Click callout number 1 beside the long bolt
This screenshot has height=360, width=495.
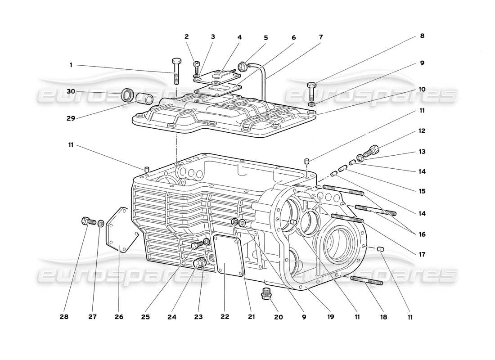tap(71, 65)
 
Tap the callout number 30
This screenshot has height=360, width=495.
tap(71, 92)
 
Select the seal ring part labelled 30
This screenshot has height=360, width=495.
tap(128, 95)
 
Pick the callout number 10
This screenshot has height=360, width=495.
tap(422, 90)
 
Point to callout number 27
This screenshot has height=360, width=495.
tap(93, 317)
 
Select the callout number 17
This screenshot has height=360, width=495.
tap(422, 254)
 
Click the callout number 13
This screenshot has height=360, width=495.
tap(422, 152)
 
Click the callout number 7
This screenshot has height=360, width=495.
tap(320, 36)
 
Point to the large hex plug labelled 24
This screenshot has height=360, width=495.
tap(198, 263)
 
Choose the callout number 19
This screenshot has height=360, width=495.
tap(331, 317)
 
